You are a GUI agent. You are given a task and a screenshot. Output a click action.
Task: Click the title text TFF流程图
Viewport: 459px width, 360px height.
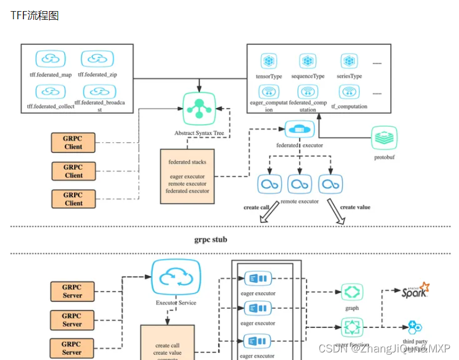coord(34,16)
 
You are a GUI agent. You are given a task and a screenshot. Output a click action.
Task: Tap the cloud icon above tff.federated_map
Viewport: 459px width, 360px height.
coord(51,59)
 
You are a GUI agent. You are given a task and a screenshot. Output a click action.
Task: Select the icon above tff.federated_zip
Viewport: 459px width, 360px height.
coord(97,59)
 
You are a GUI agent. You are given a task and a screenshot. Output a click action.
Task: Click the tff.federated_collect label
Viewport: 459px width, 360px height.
coord(50,106)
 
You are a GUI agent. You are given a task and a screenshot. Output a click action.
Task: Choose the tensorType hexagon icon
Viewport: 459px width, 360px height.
coord(269,61)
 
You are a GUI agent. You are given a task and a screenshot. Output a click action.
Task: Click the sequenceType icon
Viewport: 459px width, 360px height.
coord(308,61)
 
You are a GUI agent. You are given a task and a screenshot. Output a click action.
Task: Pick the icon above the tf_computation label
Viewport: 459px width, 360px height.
coord(349,92)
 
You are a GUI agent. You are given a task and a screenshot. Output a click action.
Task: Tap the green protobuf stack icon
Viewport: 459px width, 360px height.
coord(384,138)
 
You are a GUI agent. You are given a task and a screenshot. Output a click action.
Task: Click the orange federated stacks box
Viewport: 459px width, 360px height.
coord(187,176)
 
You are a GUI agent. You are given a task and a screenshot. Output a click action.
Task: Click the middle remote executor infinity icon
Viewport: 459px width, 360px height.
coord(300,184)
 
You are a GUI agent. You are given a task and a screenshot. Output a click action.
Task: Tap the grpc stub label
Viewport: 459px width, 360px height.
coord(211,239)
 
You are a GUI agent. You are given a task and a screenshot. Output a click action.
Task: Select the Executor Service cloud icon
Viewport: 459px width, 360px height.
coord(176,278)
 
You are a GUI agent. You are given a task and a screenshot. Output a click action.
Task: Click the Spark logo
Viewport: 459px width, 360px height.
coord(415,290)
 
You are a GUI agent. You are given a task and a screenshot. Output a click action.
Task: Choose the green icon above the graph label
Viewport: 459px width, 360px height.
coord(352,292)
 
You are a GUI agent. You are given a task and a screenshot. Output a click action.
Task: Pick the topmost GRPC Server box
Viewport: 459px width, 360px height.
coord(72,291)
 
